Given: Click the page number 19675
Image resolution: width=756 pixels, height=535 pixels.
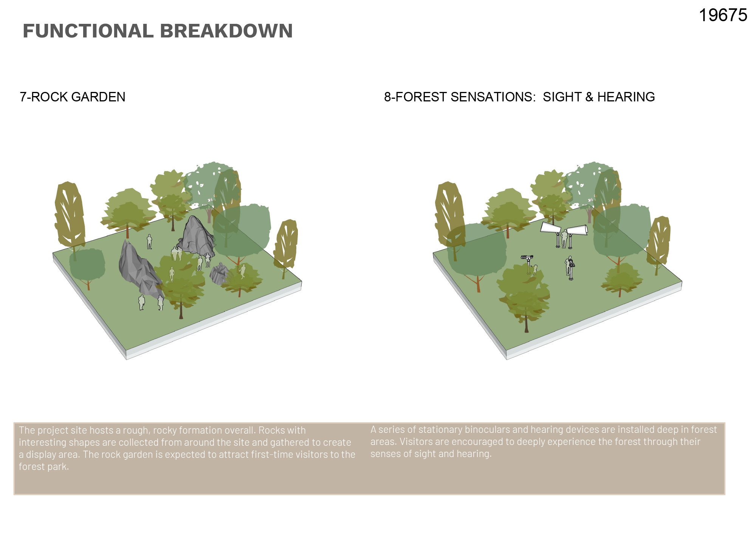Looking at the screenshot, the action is point(723,16).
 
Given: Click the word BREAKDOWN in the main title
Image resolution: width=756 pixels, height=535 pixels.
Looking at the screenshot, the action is point(226,31).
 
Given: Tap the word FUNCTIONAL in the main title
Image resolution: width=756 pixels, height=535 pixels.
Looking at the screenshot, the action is point(88,31).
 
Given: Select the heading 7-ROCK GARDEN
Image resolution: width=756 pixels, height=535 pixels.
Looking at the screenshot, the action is point(72,97).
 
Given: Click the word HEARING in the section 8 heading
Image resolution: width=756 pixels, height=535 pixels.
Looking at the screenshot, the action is point(626,97).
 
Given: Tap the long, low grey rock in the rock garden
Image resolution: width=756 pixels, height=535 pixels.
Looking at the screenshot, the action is point(139,269).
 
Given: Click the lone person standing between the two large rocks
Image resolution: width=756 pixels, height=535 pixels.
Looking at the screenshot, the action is point(149,241).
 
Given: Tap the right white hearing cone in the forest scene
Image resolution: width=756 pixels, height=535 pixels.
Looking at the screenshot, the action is point(577,230).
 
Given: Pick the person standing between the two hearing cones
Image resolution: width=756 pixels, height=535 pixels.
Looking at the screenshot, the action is point(564,238).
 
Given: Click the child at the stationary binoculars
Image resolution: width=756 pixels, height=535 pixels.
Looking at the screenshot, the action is point(535,270).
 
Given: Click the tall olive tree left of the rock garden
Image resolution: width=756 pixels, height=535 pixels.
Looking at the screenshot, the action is point(70,216).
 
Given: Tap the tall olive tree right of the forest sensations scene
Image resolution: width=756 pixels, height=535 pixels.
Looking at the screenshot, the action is point(658,242).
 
